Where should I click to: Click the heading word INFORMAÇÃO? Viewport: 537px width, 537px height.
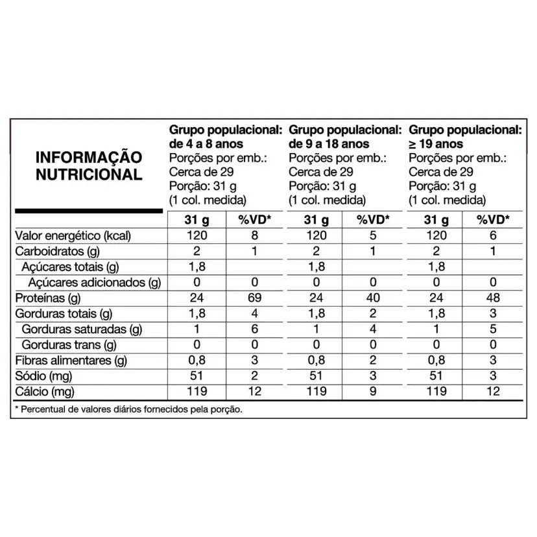coord(88,158)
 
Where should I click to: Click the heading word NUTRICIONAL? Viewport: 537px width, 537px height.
coord(88,174)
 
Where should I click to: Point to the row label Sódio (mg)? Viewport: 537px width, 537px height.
coord(41,376)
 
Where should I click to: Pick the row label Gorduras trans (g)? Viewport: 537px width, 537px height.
coord(69,344)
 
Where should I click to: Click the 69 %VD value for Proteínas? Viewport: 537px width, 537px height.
coord(254,298)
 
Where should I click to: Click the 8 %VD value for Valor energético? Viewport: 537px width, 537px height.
coord(254,235)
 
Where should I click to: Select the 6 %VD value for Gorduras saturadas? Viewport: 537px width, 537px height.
coord(254,329)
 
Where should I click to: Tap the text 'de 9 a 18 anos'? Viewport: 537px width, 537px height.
coord(329,144)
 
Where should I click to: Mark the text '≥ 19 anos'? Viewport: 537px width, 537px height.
coord(438,144)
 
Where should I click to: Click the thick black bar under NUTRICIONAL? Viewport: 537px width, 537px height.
coord(88,210)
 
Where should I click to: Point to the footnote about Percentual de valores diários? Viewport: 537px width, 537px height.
coord(130,409)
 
